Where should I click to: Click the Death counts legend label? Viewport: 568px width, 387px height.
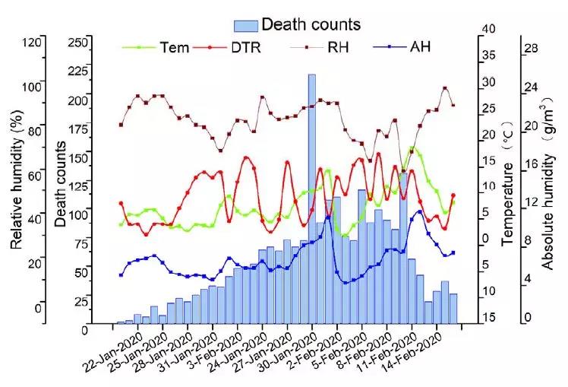coord(311,25)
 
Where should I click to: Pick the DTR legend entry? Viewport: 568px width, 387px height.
coord(244,47)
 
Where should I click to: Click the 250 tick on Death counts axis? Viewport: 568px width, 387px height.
coord(77,43)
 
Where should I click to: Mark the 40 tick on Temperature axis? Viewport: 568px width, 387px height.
coord(489,29)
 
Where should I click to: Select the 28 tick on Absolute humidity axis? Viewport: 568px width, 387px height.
coord(529,47)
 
